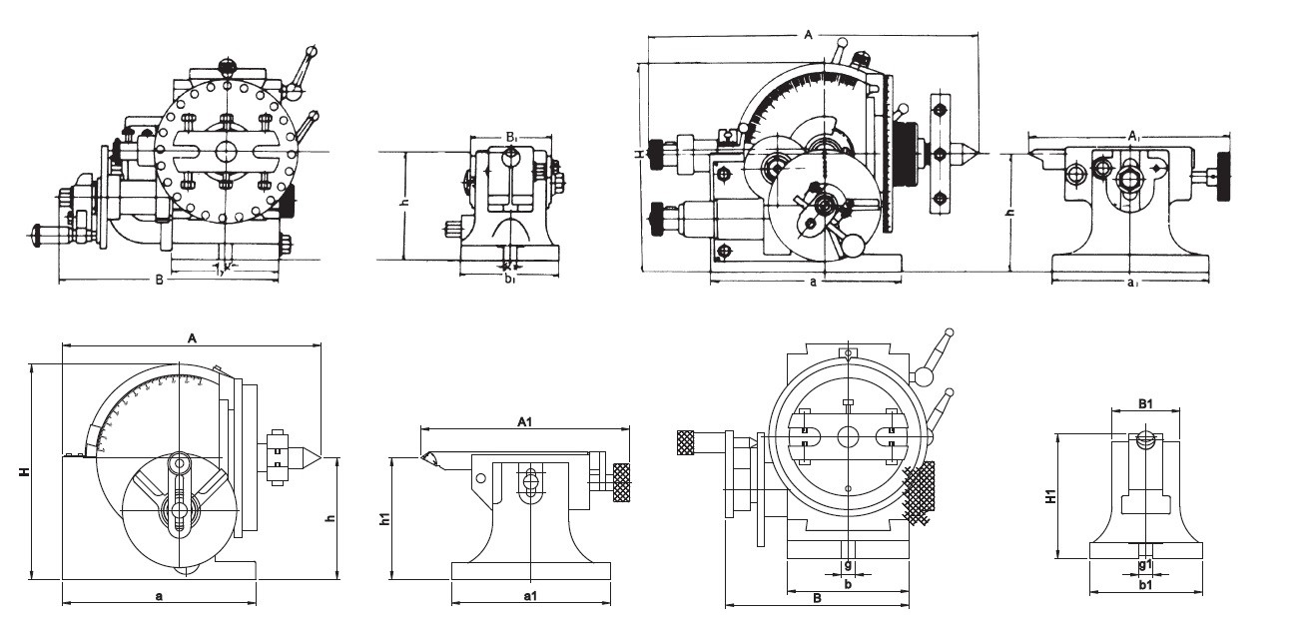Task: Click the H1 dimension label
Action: (1050, 496)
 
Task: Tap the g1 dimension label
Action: (1145, 564)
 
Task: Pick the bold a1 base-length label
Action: (530, 596)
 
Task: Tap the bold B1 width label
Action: (1145, 404)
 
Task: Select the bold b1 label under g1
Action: (1145, 585)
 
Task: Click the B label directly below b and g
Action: (816, 599)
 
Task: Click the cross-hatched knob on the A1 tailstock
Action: (623, 482)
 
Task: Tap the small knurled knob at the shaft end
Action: (685, 440)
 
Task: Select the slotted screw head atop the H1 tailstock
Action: (1145, 438)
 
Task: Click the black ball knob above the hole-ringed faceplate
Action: (228, 67)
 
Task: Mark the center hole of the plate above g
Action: (848, 435)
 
